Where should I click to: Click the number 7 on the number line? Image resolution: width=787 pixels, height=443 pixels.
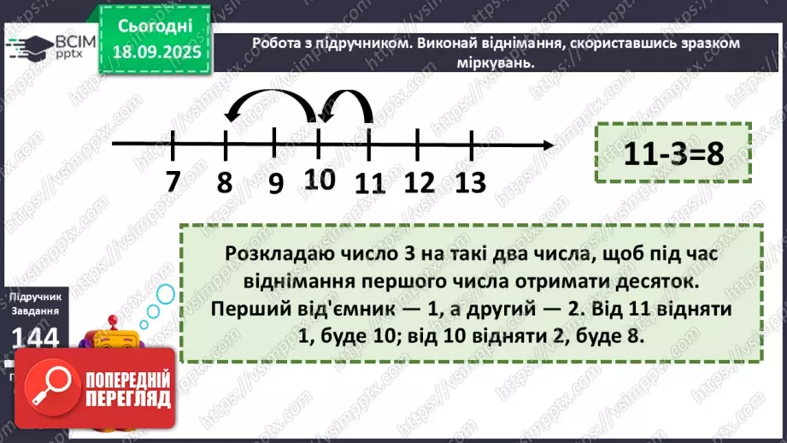coord(173,182)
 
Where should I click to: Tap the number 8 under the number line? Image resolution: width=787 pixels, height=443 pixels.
coord(226,183)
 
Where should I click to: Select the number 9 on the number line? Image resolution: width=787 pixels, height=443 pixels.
coord(275,183)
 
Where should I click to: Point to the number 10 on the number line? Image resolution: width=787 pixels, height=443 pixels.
coord(319,179)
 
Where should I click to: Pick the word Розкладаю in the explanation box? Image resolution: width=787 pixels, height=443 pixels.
coord(268,256)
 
